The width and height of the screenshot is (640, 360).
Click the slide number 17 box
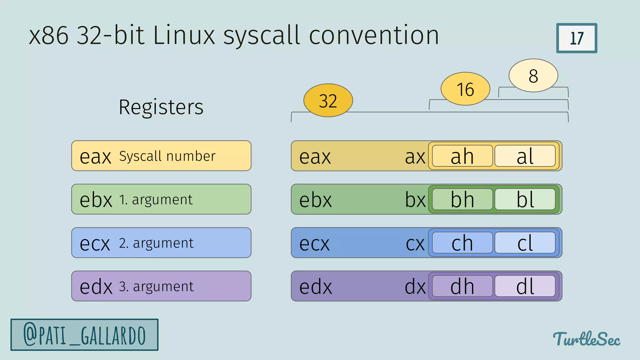click(577, 38)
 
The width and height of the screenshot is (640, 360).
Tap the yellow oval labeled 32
click(328, 100)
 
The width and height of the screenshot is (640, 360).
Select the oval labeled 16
click(465, 89)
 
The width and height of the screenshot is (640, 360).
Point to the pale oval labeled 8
click(533, 76)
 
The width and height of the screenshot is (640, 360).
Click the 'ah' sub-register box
click(462, 156)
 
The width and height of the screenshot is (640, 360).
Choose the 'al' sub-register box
click(525, 156)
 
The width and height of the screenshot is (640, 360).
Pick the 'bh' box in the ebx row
click(462, 199)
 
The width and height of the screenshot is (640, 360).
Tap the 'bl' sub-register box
click(525, 199)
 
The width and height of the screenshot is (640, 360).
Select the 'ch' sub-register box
click(462, 243)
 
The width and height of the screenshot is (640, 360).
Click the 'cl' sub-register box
click(525, 243)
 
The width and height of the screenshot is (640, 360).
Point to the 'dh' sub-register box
click(462, 286)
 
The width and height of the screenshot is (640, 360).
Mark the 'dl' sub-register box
click(525, 286)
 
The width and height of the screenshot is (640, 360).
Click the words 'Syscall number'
click(167, 156)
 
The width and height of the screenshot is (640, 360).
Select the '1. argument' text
click(156, 199)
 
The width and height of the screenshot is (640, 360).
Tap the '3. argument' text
click(156, 286)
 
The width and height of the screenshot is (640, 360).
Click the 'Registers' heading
click(161, 107)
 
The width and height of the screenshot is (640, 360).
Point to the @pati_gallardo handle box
click(84, 335)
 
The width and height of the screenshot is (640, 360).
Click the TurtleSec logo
click(587, 339)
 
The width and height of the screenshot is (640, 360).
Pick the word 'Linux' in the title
click(184, 35)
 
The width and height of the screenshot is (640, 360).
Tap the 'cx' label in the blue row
click(415, 243)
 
